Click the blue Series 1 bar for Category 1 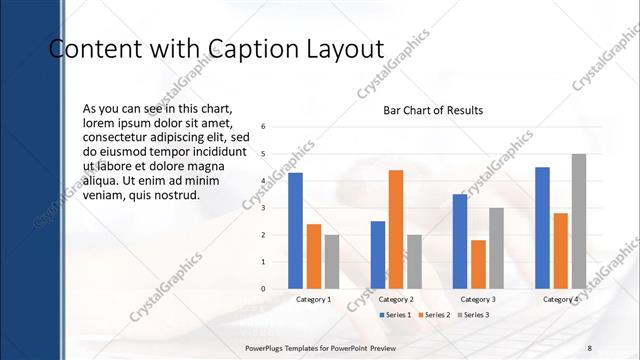click(x=295, y=231)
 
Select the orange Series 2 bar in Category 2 click(x=395, y=229)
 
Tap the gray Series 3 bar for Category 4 click(x=578, y=221)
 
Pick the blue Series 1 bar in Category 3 click(x=460, y=241)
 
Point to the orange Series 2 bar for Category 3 click(x=478, y=264)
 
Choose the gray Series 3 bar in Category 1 click(x=331, y=262)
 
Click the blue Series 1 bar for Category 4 click(x=542, y=228)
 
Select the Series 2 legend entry click(x=435, y=315)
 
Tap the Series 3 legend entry click(x=473, y=315)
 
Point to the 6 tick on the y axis click(x=263, y=127)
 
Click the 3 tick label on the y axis click(x=263, y=208)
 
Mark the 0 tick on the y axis click(x=263, y=289)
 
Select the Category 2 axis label click(x=396, y=300)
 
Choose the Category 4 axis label click(x=560, y=300)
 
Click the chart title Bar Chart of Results click(x=433, y=110)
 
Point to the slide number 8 click(x=590, y=346)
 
